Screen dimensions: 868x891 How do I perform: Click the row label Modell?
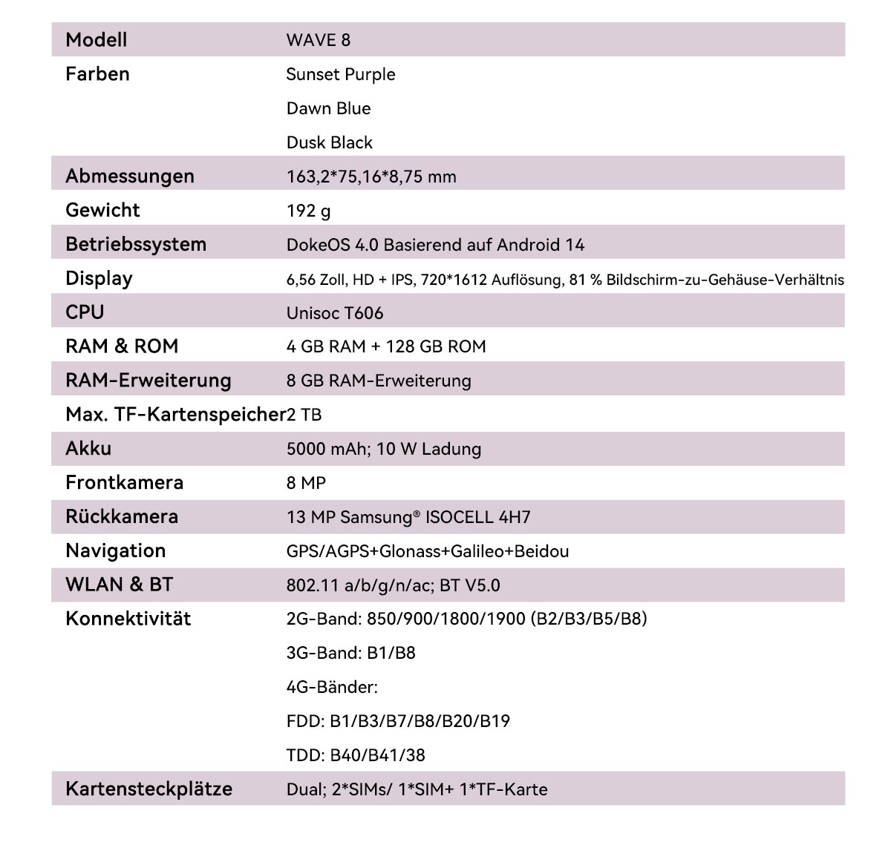click(x=96, y=40)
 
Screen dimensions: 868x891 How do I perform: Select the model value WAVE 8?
click(x=318, y=40)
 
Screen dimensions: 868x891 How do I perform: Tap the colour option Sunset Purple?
click(x=341, y=74)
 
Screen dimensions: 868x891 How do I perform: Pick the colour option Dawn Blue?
click(x=328, y=108)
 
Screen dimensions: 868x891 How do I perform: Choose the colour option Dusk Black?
click(x=329, y=142)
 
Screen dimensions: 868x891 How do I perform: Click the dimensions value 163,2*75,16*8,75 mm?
click(x=371, y=177)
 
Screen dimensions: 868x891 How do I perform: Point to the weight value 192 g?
click(x=308, y=211)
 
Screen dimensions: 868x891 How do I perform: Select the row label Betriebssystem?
click(x=136, y=245)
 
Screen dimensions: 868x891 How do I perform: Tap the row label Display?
click(x=99, y=279)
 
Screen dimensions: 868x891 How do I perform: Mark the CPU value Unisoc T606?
click(x=335, y=313)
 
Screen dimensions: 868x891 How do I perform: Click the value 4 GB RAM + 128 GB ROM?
click(x=386, y=346)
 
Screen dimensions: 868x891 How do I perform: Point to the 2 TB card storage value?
click(x=304, y=415)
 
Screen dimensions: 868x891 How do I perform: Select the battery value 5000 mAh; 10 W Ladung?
click(x=383, y=449)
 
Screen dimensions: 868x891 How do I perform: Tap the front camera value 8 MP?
click(x=306, y=483)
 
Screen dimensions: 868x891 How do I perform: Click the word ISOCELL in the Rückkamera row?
click(x=460, y=517)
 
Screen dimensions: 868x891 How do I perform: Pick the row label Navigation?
click(x=115, y=550)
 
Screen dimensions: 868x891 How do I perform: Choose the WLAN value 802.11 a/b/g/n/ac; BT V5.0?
click(x=393, y=585)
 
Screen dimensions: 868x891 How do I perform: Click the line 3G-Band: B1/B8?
click(x=350, y=653)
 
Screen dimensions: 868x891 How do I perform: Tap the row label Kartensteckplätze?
click(x=148, y=789)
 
